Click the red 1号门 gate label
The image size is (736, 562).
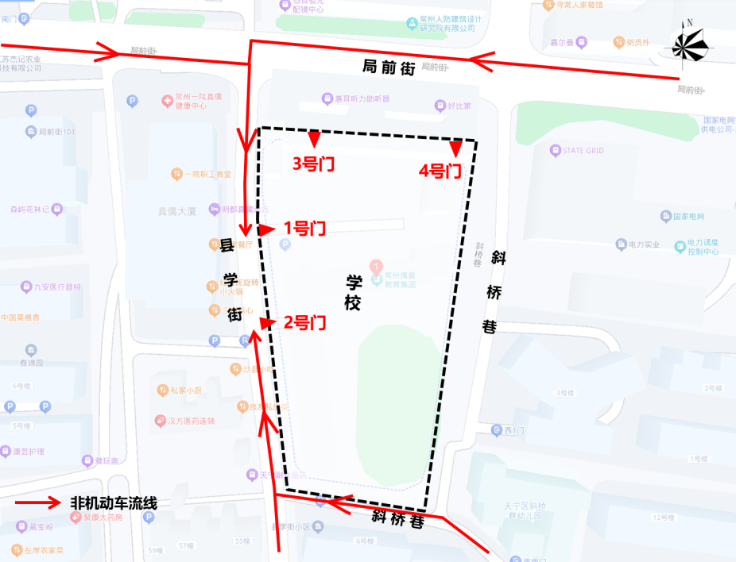pos(304,229)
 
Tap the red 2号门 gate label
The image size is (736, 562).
pos(304,322)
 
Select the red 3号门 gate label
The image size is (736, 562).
pos(313,164)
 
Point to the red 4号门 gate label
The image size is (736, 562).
pos(440,170)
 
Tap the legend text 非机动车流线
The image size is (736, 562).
pos(114,502)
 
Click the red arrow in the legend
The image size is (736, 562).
pos(39,502)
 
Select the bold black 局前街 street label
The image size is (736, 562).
pos(389,68)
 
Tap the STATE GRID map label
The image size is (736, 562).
pos(583,151)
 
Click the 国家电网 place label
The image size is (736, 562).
pos(688,216)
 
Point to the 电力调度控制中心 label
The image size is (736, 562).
pos(703,246)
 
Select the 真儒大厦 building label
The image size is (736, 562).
pos(176,212)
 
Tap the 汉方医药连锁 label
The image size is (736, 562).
pos(191,421)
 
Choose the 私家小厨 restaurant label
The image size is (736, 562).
pos(185,390)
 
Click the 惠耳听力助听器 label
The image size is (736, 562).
pos(362,99)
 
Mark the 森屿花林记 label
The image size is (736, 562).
pos(30,210)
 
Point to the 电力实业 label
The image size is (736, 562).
pos(644,244)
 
